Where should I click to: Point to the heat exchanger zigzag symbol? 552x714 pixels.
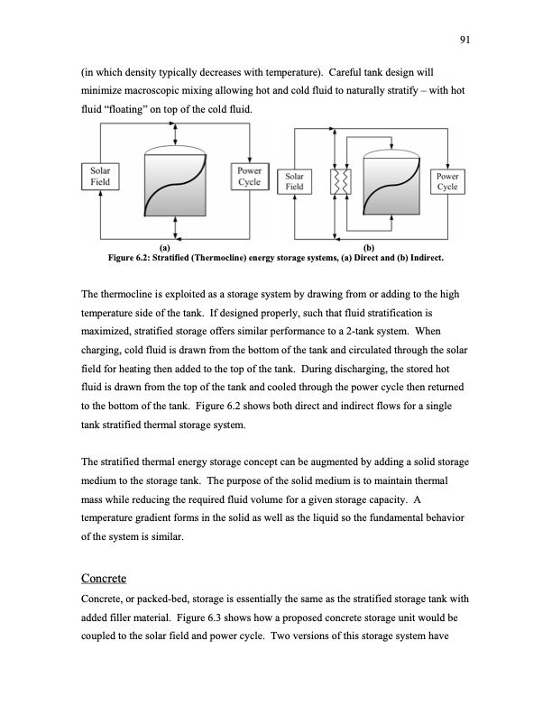click(x=341, y=183)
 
